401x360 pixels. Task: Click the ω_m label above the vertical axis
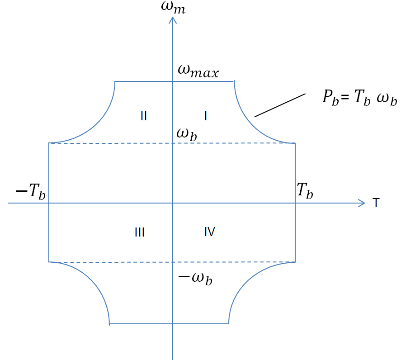coord(173,7)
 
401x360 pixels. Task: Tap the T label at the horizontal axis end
coord(376,203)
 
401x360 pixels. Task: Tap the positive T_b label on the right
coord(305,190)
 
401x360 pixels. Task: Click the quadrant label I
coord(206,116)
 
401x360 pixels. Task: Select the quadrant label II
coord(143,116)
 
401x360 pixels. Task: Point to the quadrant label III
coord(140,232)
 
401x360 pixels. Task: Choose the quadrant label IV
coord(210,232)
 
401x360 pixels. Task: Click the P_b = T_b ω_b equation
coord(360,97)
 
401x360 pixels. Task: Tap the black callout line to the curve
coord(280,105)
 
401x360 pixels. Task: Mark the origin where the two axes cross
coord(173,203)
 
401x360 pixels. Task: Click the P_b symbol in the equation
coord(330,98)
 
